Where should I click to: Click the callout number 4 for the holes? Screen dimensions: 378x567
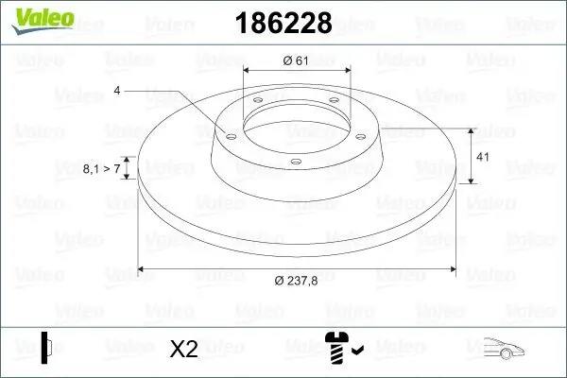(117, 90)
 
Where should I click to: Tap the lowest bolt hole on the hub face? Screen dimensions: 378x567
(296, 162)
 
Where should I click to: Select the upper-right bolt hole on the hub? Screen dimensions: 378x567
(334, 106)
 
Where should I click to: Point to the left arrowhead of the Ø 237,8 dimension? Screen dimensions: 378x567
(143, 269)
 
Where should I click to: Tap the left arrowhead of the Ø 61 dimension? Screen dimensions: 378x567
(249, 69)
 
